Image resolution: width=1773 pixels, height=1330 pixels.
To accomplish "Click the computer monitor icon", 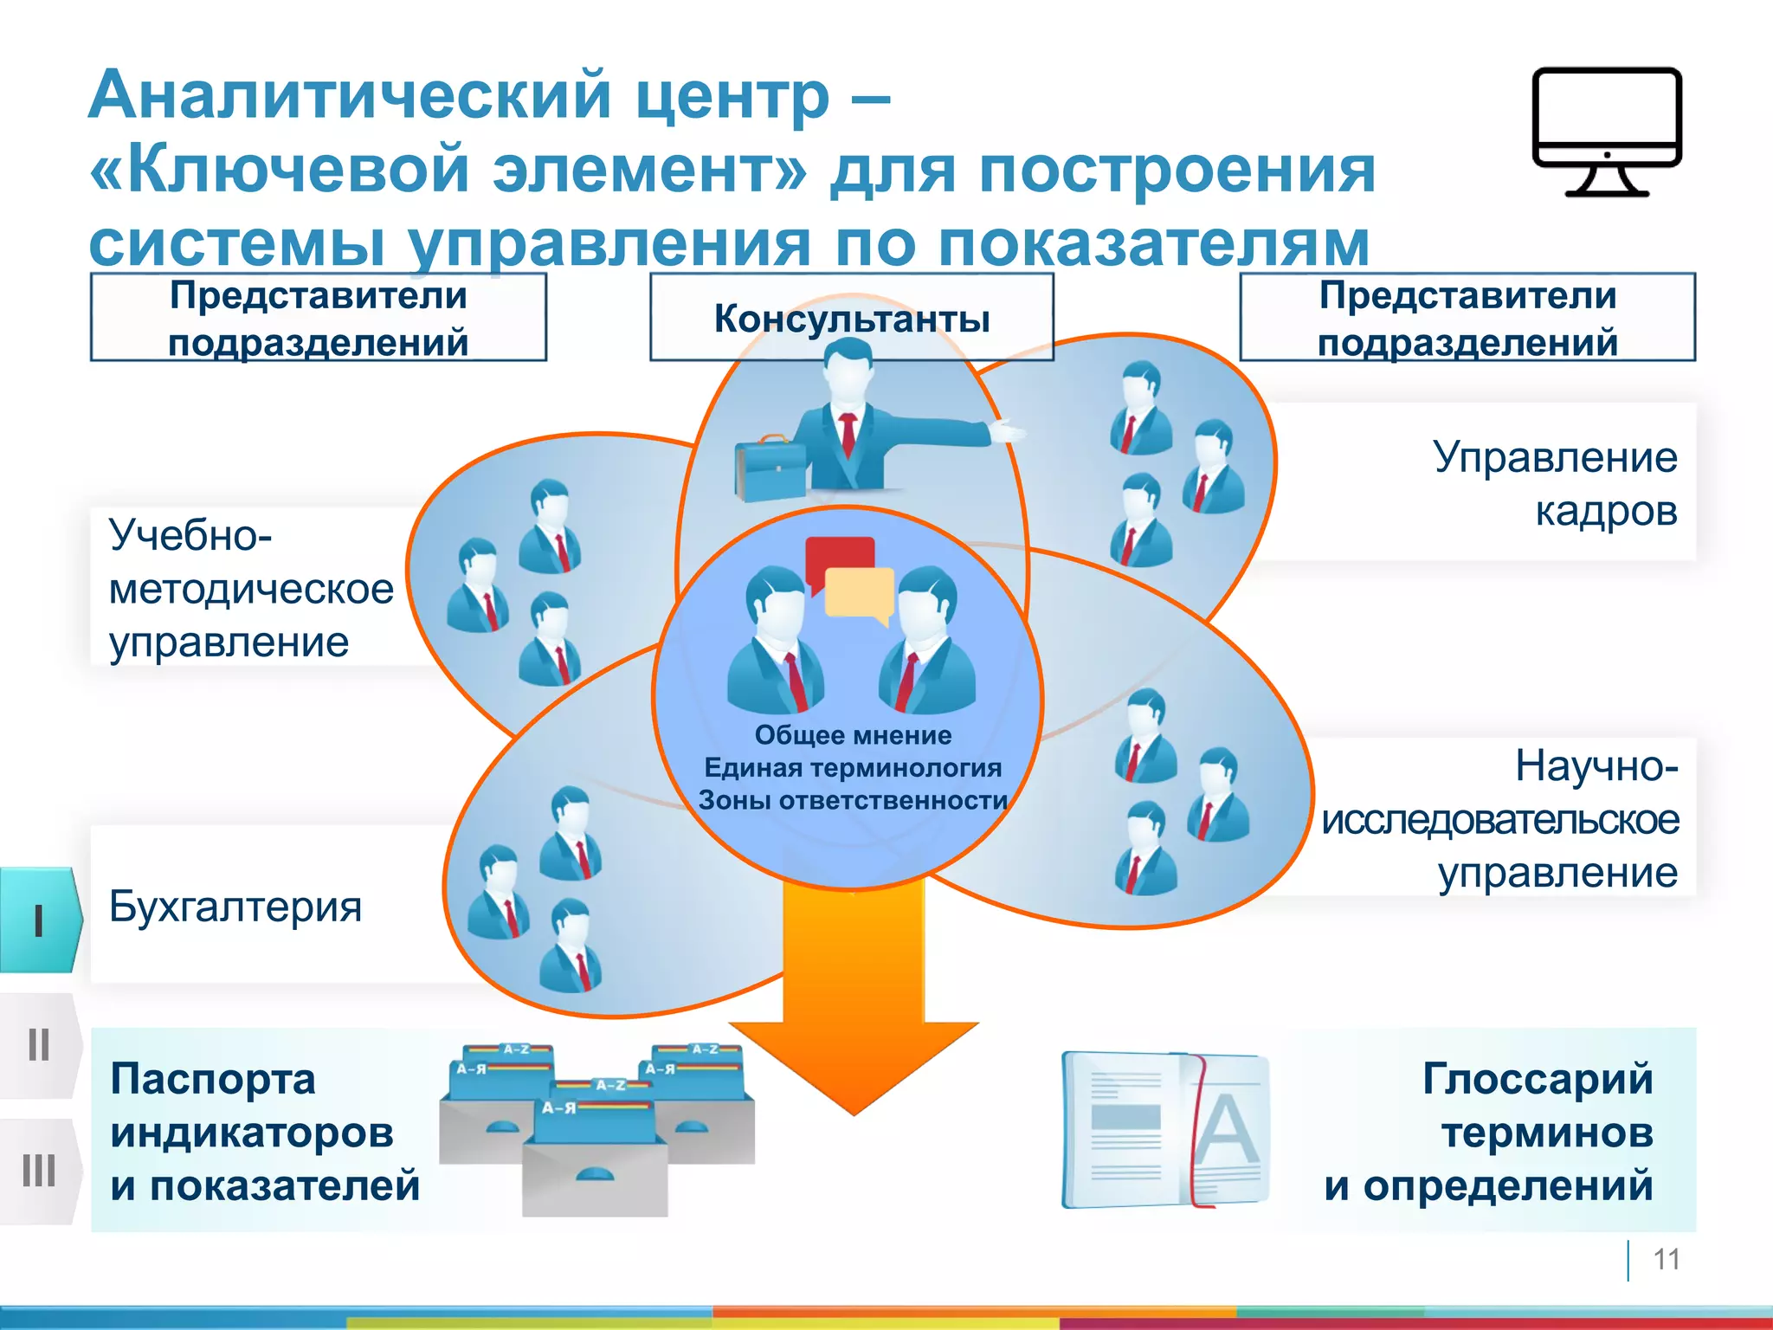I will tap(1607, 130).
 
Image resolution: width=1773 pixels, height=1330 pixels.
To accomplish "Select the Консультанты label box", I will tap(852, 319).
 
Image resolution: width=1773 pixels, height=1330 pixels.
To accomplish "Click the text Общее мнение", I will tap(853, 735).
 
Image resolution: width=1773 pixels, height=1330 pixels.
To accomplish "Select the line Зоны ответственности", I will tap(853, 800).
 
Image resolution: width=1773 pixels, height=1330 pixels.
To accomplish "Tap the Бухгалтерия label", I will tap(235, 907).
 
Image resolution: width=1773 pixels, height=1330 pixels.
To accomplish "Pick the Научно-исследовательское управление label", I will tap(1502, 819).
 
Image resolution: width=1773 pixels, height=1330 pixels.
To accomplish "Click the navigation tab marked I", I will tap(39, 920).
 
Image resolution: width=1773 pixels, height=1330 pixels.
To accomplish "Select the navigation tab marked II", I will tap(39, 1045).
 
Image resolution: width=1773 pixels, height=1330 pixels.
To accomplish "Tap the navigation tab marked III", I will tap(39, 1171).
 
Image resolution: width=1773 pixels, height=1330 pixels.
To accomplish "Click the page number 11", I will tap(1666, 1259).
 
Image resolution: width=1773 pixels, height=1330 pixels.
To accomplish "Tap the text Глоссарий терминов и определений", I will tap(1489, 1132).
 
